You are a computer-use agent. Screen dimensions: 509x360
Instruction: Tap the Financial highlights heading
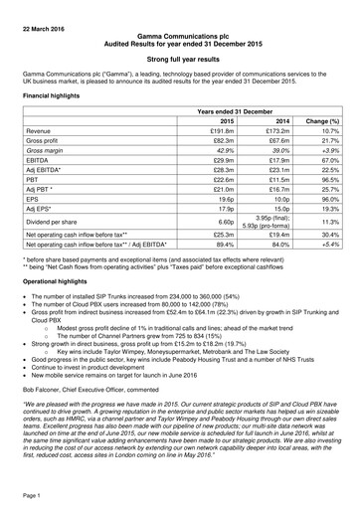click(55, 99)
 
